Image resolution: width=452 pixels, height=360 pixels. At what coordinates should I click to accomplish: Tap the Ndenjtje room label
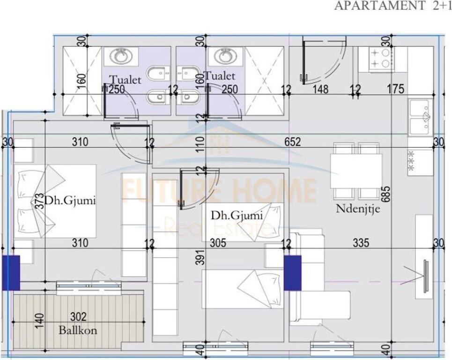click(x=358, y=209)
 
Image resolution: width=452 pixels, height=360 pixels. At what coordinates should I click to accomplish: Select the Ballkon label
click(x=78, y=330)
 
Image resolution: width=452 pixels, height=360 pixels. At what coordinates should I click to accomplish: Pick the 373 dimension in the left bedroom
click(x=41, y=201)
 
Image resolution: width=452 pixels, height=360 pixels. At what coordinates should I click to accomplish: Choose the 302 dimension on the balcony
click(x=78, y=318)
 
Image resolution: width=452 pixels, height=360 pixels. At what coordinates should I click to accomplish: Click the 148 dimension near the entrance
click(x=320, y=89)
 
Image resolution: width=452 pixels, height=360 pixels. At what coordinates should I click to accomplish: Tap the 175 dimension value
click(x=396, y=89)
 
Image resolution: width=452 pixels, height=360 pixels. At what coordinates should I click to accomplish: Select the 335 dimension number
click(x=361, y=243)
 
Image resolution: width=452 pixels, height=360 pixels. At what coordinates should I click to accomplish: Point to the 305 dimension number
click(x=218, y=243)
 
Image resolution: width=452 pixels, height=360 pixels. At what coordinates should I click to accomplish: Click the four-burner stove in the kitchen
click(x=382, y=59)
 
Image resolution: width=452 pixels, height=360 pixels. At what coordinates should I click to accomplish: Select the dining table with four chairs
click(x=356, y=171)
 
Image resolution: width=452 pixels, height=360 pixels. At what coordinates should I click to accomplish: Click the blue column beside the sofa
click(x=292, y=272)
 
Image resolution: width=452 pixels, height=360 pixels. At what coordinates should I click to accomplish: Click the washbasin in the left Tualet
click(x=121, y=57)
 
